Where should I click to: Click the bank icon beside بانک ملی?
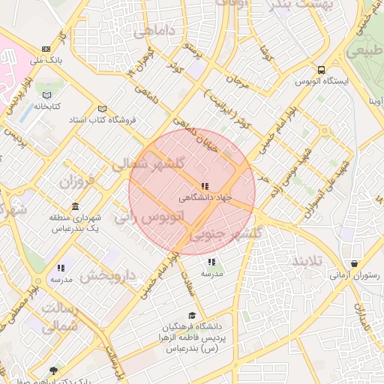[x=47, y=49]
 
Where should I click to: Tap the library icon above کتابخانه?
[x=48, y=95]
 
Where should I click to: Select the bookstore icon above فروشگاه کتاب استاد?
[x=102, y=109]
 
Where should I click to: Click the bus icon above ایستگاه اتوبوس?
[x=321, y=68]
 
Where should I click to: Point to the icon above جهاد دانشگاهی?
[x=204, y=186]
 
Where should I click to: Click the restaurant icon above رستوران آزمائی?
[x=354, y=263]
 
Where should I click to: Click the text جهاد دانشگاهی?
[x=204, y=199]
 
